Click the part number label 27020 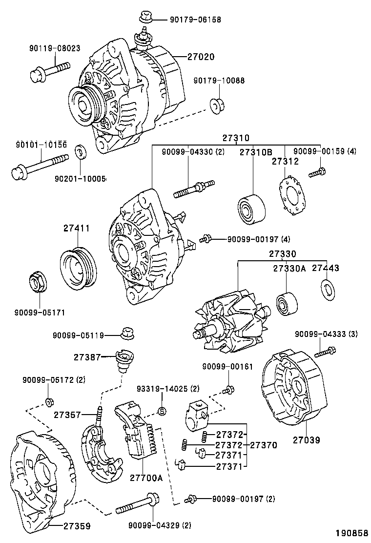tap(201, 57)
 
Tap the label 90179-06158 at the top tap(195, 20)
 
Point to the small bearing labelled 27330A tap(286, 303)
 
